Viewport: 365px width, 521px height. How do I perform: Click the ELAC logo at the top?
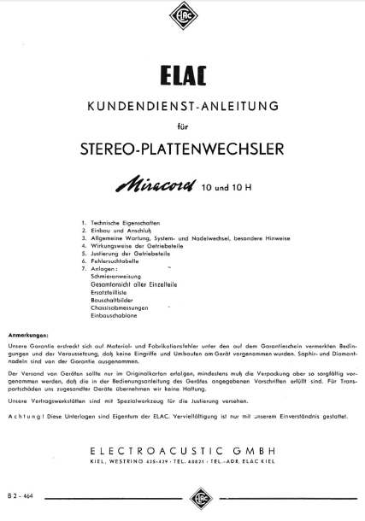[181, 16]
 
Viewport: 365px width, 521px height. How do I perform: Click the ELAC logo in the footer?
[181, 496]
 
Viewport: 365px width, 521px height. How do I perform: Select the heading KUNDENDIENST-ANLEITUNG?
[181, 106]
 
